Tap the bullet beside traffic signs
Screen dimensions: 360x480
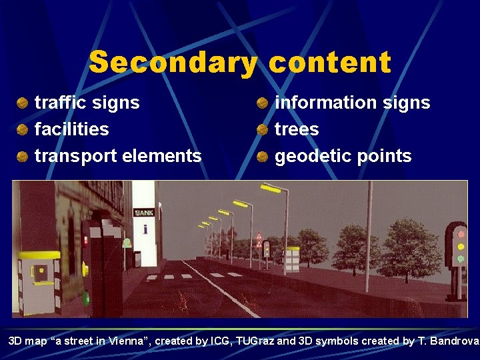pos(22,103)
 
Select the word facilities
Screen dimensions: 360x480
pos(71,129)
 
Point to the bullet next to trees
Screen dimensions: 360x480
pos(263,129)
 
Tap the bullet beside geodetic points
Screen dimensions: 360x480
pos(263,157)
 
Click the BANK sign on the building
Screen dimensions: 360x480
pos(144,213)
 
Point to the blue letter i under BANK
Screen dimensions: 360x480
pos(145,230)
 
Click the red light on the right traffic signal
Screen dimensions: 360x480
pos(460,233)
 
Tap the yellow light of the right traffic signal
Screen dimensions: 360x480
pos(460,246)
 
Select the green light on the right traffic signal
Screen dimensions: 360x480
pos(460,259)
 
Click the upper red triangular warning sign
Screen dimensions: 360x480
pos(259,237)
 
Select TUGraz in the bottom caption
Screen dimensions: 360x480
pos(251,341)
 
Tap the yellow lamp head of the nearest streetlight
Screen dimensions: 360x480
pos(271,189)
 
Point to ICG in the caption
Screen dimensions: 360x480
pos(219,341)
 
